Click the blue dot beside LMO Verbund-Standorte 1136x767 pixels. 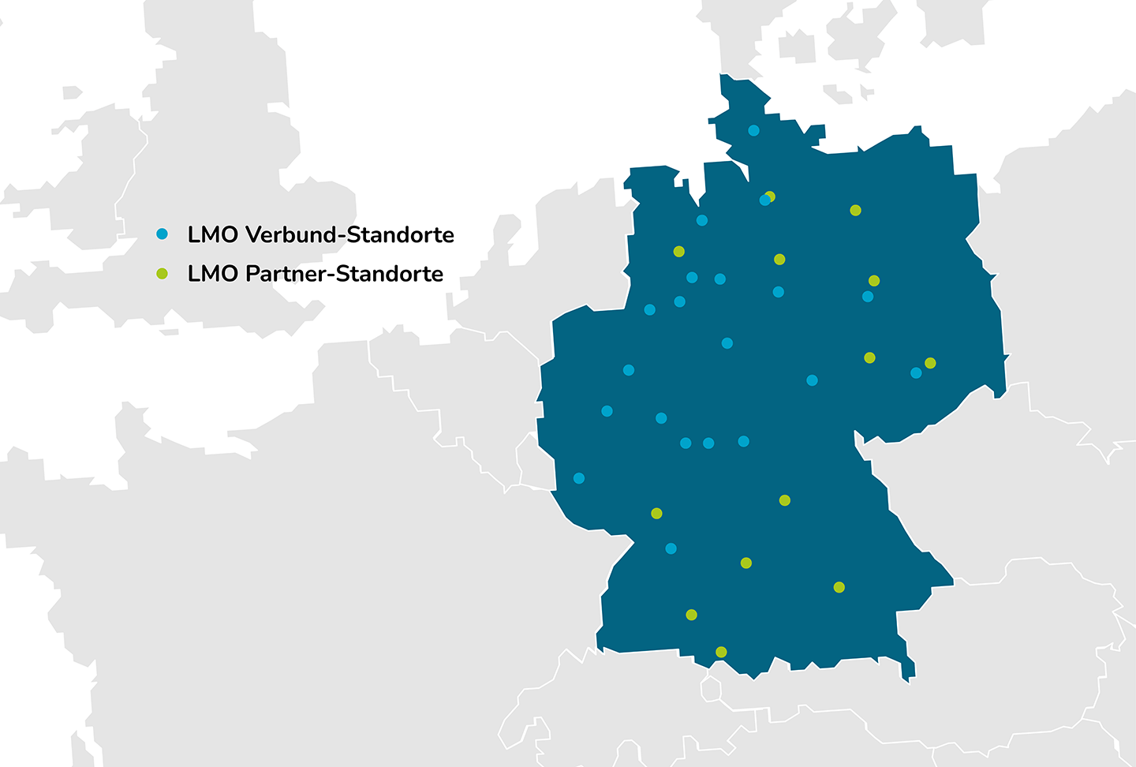tap(162, 234)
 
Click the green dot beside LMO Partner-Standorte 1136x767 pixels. tap(162, 274)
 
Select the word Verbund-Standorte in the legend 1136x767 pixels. tap(349, 234)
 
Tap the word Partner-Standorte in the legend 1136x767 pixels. tap(344, 274)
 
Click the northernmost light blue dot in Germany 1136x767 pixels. tap(753, 130)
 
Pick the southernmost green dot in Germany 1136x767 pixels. tap(721, 652)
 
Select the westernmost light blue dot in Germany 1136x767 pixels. tap(579, 478)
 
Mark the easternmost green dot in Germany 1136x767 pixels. tap(930, 363)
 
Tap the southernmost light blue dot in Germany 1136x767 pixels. tap(671, 548)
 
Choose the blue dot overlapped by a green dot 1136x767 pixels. tap(764, 200)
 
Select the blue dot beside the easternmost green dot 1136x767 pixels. tap(916, 373)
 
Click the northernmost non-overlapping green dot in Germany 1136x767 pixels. tap(855, 211)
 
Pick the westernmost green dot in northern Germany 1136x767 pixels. tap(678, 252)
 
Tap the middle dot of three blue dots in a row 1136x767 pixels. tap(708, 443)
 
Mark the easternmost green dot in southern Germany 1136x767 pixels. tap(839, 587)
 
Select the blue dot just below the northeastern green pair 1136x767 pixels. tap(868, 297)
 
